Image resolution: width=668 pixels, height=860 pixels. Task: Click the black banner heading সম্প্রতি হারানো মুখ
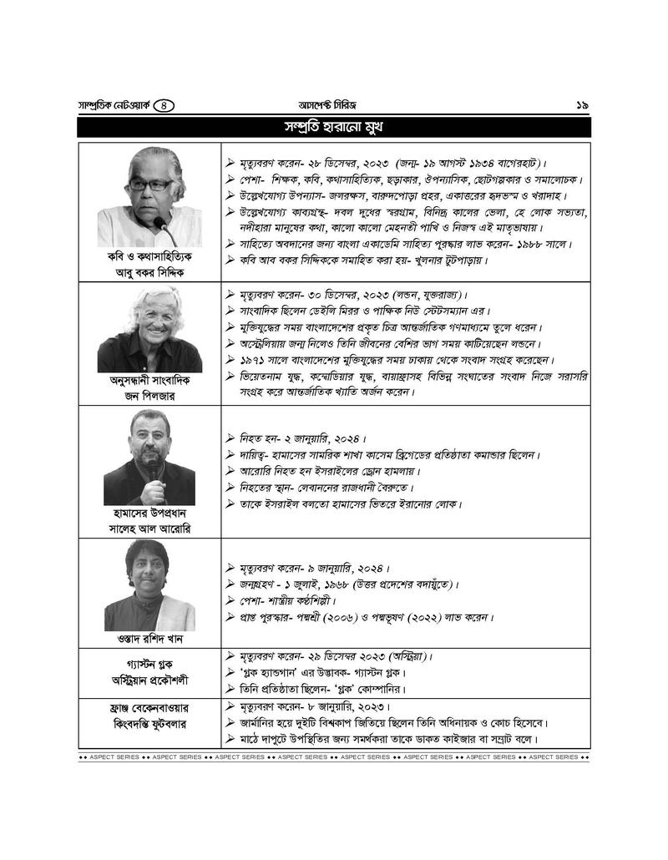tap(334, 127)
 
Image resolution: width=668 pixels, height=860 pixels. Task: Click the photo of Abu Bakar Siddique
tap(149, 197)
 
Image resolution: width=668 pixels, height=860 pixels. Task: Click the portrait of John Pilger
tap(149, 328)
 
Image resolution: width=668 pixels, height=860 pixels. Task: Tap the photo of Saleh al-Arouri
tap(149, 457)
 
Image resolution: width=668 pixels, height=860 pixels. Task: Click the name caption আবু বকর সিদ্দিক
tap(149, 272)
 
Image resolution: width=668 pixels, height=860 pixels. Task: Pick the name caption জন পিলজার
tap(149, 396)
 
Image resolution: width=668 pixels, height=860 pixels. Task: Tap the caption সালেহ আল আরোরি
tap(149, 529)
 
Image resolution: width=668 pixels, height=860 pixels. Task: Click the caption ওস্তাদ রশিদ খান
tap(149, 639)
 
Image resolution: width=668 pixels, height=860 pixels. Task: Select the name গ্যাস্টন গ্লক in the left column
tap(149, 660)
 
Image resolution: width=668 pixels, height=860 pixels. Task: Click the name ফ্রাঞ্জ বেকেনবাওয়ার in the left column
tap(149, 708)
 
